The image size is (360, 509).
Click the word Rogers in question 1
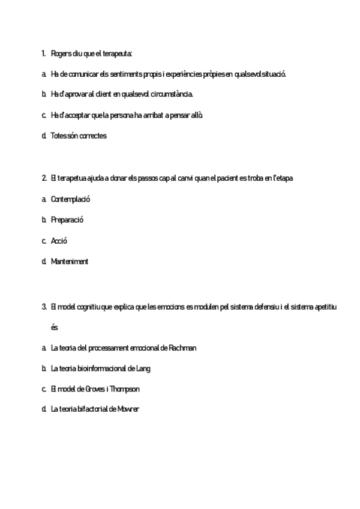[61, 53]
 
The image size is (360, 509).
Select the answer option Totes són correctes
[79, 136]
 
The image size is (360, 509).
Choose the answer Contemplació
[71, 199]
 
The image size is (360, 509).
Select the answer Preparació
[67, 220]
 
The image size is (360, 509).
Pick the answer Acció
[59, 241]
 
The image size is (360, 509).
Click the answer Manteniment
[70, 262]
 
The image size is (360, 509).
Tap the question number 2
[44, 178]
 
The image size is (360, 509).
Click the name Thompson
[125, 389]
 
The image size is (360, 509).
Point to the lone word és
[55, 328]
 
